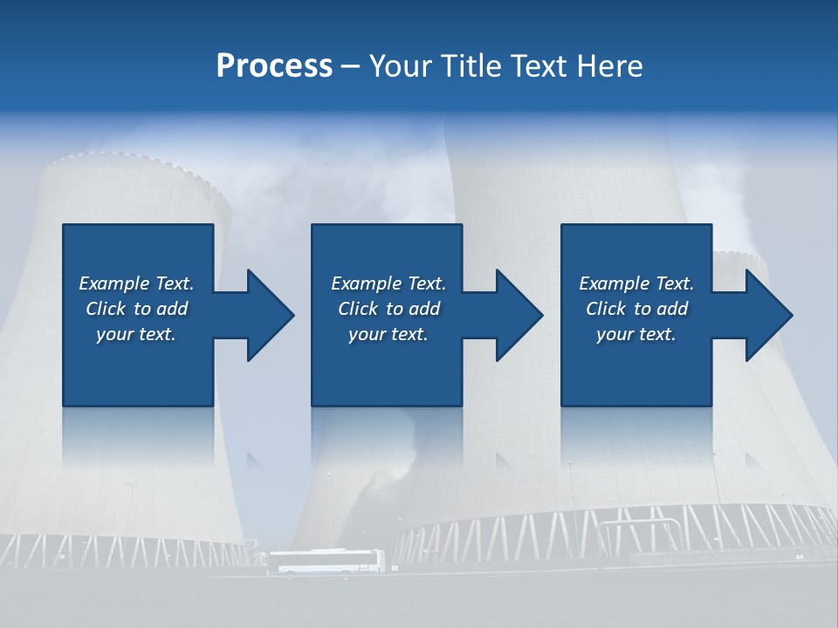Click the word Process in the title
(x=274, y=65)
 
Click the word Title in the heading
(x=471, y=65)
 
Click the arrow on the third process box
(x=759, y=315)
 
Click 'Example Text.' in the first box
(x=136, y=283)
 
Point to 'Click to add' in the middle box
(x=388, y=309)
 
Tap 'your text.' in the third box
(x=635, y=334)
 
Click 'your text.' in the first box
(x=136, y=334)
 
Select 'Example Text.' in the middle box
(x=388, y=283)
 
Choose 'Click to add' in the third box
(x=636, y=309)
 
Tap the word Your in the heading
(x=401, y=65)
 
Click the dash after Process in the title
(x=350, y=66)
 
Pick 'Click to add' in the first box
(x=136, y=309)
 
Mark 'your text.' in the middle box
(x=388, y=334)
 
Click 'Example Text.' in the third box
(x=636, y=283)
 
